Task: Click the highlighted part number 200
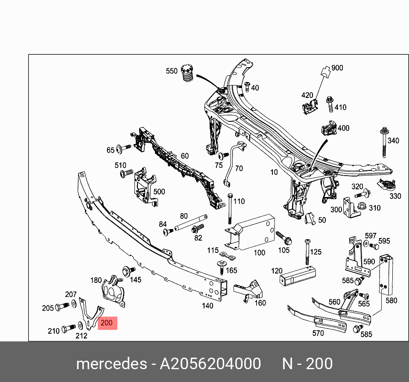click(x=107, y=323)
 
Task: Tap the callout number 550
click(x=172, y=71)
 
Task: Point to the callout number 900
click(x=337, y=68)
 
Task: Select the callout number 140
click(x=207, y=306)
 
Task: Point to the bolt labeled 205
click(x=62, y=306)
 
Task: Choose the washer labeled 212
click(x=80, y=326)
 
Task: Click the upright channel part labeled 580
click(x=386, y=273)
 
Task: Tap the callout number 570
click(x=318, y=333)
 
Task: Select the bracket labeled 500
click(x=142, y=185)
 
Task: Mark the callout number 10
click(x=274, y=172)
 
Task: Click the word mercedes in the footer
click(x=111, y=364)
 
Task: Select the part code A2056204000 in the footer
click(x=210, y=364)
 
